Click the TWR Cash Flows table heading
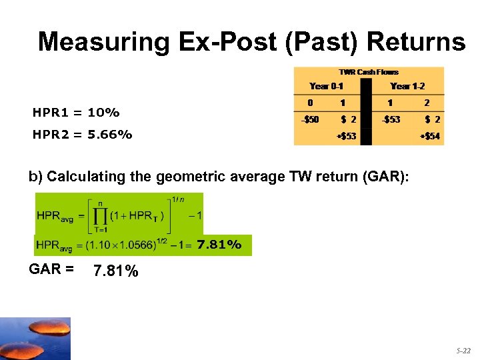pyautogui.click(x=369, y=72)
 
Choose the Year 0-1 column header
pyautogui.click(x=327, y=86)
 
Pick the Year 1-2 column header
pyautogui.click(x=407, y=86)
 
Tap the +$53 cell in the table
pyautogui.click(x=345, y=137)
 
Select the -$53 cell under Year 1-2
pyautogui.click(x=391, y=120)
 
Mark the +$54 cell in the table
pyautogui.click(x=429, y=137)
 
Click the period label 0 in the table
pyautogui.click(x=309, y=103)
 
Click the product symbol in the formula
pyautogui.click(x=99, y=215)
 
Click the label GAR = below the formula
pyautogui.click(x=51, y=270)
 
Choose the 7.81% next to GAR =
pyautogui.click(x=116, y=271)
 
